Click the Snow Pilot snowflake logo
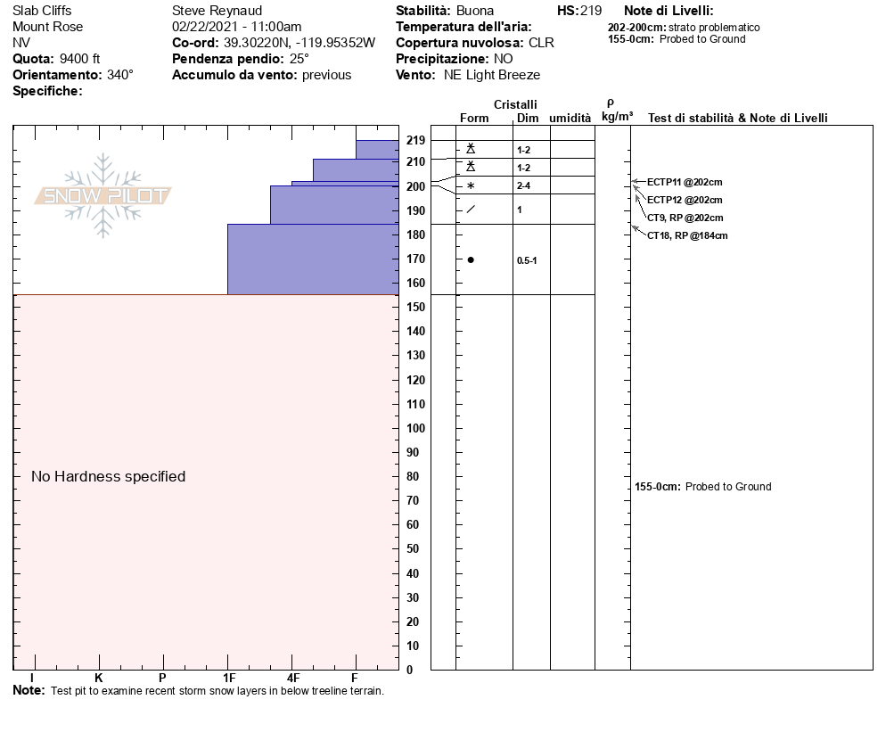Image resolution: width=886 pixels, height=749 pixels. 103,195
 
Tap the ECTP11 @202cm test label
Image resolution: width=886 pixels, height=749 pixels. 685,182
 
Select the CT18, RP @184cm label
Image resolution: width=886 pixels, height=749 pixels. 687,235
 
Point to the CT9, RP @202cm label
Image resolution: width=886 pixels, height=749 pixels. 685,218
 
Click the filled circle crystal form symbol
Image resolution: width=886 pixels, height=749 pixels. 471,260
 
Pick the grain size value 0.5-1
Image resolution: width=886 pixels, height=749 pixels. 527,260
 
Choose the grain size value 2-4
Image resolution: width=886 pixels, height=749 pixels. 523,185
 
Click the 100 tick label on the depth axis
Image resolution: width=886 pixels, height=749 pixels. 416,428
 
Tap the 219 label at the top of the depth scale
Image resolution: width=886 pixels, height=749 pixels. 416,140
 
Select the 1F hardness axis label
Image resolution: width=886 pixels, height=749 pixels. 229,678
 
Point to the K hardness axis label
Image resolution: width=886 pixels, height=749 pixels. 99,678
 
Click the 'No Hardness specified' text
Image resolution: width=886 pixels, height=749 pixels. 108,476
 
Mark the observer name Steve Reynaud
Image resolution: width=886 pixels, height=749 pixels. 217,11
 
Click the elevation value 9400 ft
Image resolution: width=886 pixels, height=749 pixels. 79,59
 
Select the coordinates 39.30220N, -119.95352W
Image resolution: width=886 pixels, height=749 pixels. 299,43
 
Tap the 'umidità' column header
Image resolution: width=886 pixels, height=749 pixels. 570,118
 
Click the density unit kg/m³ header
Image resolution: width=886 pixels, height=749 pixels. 617,117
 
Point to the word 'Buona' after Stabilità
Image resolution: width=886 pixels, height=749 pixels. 475,11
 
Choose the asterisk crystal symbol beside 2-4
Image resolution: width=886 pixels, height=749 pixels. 471,186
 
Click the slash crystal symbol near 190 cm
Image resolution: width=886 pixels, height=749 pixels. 471,210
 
